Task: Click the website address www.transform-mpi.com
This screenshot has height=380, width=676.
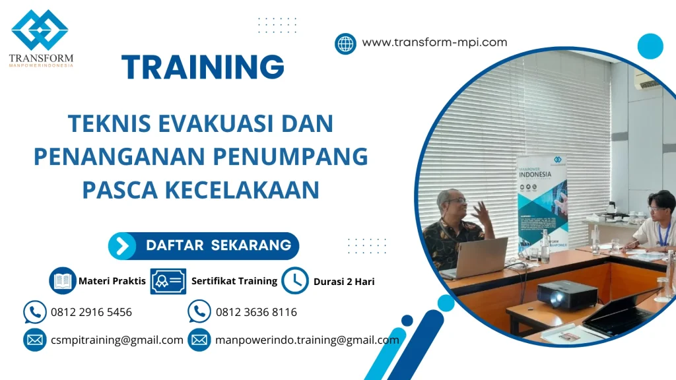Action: click(434, 42)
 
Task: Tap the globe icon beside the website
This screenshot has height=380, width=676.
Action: click(345, 44)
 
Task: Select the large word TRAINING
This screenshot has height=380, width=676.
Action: click(203, 67)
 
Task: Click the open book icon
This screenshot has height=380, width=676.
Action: click(63, 280)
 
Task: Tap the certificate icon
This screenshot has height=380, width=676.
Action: click(168, 281)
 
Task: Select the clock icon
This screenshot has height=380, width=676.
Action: click(294, 280)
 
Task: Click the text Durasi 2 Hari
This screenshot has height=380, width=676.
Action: click(344, 281)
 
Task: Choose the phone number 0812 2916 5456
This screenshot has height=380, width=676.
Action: click(91, 312)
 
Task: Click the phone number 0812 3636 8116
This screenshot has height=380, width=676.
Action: click(256, 312)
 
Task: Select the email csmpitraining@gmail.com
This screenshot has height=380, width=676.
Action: click(117, 340)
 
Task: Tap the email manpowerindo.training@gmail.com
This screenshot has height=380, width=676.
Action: click(307, 340)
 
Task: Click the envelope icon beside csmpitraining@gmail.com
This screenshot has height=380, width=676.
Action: click(34, 340)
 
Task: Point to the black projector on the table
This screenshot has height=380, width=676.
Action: click(566, 294)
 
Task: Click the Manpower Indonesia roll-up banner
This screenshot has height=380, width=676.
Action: click(541, 201)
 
